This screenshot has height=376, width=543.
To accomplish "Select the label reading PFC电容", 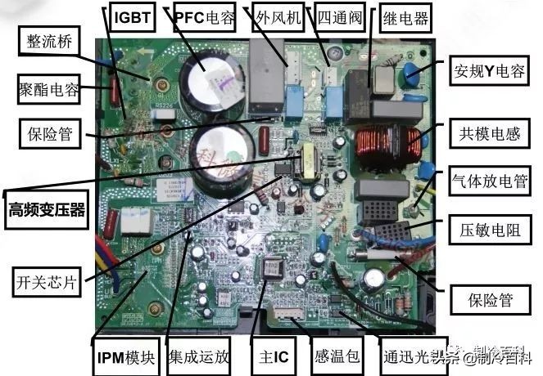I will tap(209, 16).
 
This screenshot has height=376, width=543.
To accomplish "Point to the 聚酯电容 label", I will tap(48, 88).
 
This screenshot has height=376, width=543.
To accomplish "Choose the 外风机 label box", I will tap(277, 16).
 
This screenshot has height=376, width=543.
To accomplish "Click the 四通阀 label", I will tap(339, 16).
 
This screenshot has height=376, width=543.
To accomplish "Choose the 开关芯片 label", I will tap(47, 283).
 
